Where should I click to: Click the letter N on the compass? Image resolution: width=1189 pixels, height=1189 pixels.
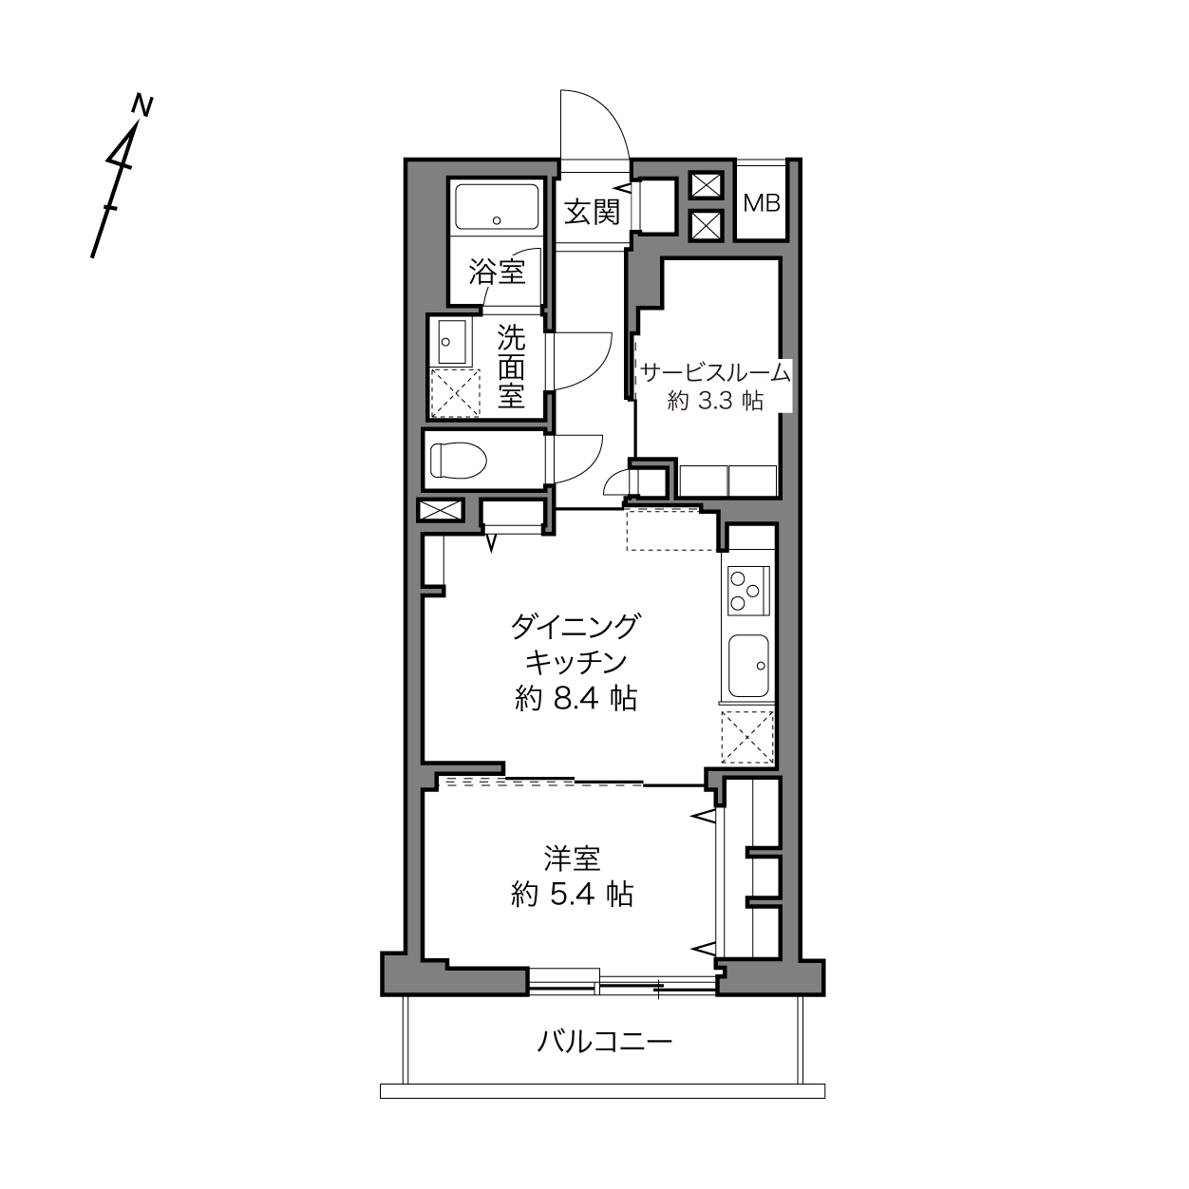pyautogui.click(x=143, y=105)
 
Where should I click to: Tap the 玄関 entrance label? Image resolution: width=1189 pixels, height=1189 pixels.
pyautogui.click(x=592, y=214)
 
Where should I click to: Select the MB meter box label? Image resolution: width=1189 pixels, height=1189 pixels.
pyautogui.click(x=762, y=203)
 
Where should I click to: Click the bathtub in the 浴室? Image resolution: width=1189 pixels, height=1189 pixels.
pyautogui.click(x=497, y=207)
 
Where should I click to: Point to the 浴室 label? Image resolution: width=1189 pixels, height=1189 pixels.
pyautogui.click(x=497, y=273)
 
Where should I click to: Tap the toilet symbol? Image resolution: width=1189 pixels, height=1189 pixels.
pyautogui.click(x=459, y=461)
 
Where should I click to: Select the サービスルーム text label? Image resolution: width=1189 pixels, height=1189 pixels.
pyautogui.click(x=715, y=372)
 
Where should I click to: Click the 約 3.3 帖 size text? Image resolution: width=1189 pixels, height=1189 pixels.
pyautogui.click(x=715, y=401)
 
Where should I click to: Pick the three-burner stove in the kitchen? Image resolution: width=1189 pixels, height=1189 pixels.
pyautogui.click(x=748, y=591)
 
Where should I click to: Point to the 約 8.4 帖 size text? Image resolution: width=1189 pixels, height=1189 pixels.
pyautogui.click(x=576, y=699)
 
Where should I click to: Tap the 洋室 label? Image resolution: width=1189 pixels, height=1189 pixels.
pyautogui.click(x=572, y=859)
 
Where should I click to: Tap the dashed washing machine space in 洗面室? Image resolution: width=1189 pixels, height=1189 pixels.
pyautogui.click(x=455, y=393)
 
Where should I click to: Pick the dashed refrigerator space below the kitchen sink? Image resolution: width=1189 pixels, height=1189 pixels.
pyautogui.click(x=747, y=737)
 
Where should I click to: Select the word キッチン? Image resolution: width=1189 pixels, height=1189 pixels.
pyautogui.click(x=576, y=663)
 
